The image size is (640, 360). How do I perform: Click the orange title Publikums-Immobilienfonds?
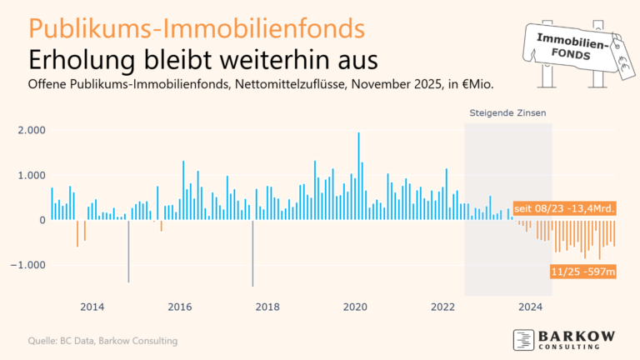(x=197, y=27)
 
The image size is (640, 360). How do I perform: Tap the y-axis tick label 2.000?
(x=32, y=130)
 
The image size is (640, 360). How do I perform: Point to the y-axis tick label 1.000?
(x=32, y=175)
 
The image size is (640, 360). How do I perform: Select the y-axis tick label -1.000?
(x=31, y=265)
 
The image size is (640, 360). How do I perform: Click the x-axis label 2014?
(x=92, y=306)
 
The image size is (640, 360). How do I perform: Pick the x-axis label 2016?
(x=180, y=306)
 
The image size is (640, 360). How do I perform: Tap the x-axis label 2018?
(x=267, y=306)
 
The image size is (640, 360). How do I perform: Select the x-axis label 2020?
(x=356, y=306)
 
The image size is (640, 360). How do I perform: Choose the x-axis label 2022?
(x=443, y=306)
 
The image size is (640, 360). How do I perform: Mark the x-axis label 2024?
(x=531, y=306)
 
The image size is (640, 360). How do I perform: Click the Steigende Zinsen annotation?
(x=508, y=112)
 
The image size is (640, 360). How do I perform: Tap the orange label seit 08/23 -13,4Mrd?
(x=564, y=208)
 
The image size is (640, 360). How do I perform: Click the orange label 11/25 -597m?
(x=582, y=272)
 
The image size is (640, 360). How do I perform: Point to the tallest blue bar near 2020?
(x=358, y=175)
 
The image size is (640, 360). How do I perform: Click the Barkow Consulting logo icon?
(x=522, y=339)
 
